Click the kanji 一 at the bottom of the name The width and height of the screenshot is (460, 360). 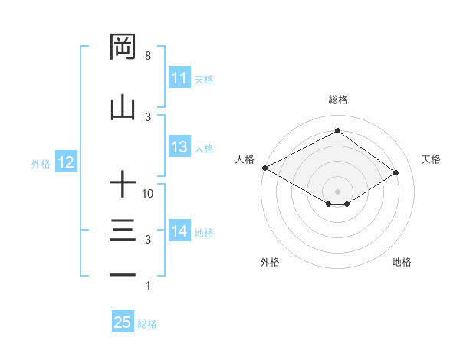click(123, 275)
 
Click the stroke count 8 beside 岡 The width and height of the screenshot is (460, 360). click(147, 56)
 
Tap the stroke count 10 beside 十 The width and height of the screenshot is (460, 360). click(149, 194)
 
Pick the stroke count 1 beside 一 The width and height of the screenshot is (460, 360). click(147, 286)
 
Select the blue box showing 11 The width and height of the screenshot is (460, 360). click(179, 78)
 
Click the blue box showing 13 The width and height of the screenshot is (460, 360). click(179, 147)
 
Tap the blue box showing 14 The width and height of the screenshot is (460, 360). click(179, 231)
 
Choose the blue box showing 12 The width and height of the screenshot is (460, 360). click(65, 162)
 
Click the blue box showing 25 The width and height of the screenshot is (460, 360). click(123, 322)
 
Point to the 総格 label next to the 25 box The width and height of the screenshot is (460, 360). click(147, 324)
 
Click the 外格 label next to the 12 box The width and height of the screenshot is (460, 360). click(41, 163)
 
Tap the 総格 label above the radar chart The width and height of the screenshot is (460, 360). click(337, 100)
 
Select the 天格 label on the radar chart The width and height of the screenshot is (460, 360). click(431, 159)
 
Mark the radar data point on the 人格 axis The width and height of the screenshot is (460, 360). click(264, 168)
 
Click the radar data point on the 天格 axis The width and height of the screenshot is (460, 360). click(396, 172)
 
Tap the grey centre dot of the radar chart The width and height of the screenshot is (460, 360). click(337, 190)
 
